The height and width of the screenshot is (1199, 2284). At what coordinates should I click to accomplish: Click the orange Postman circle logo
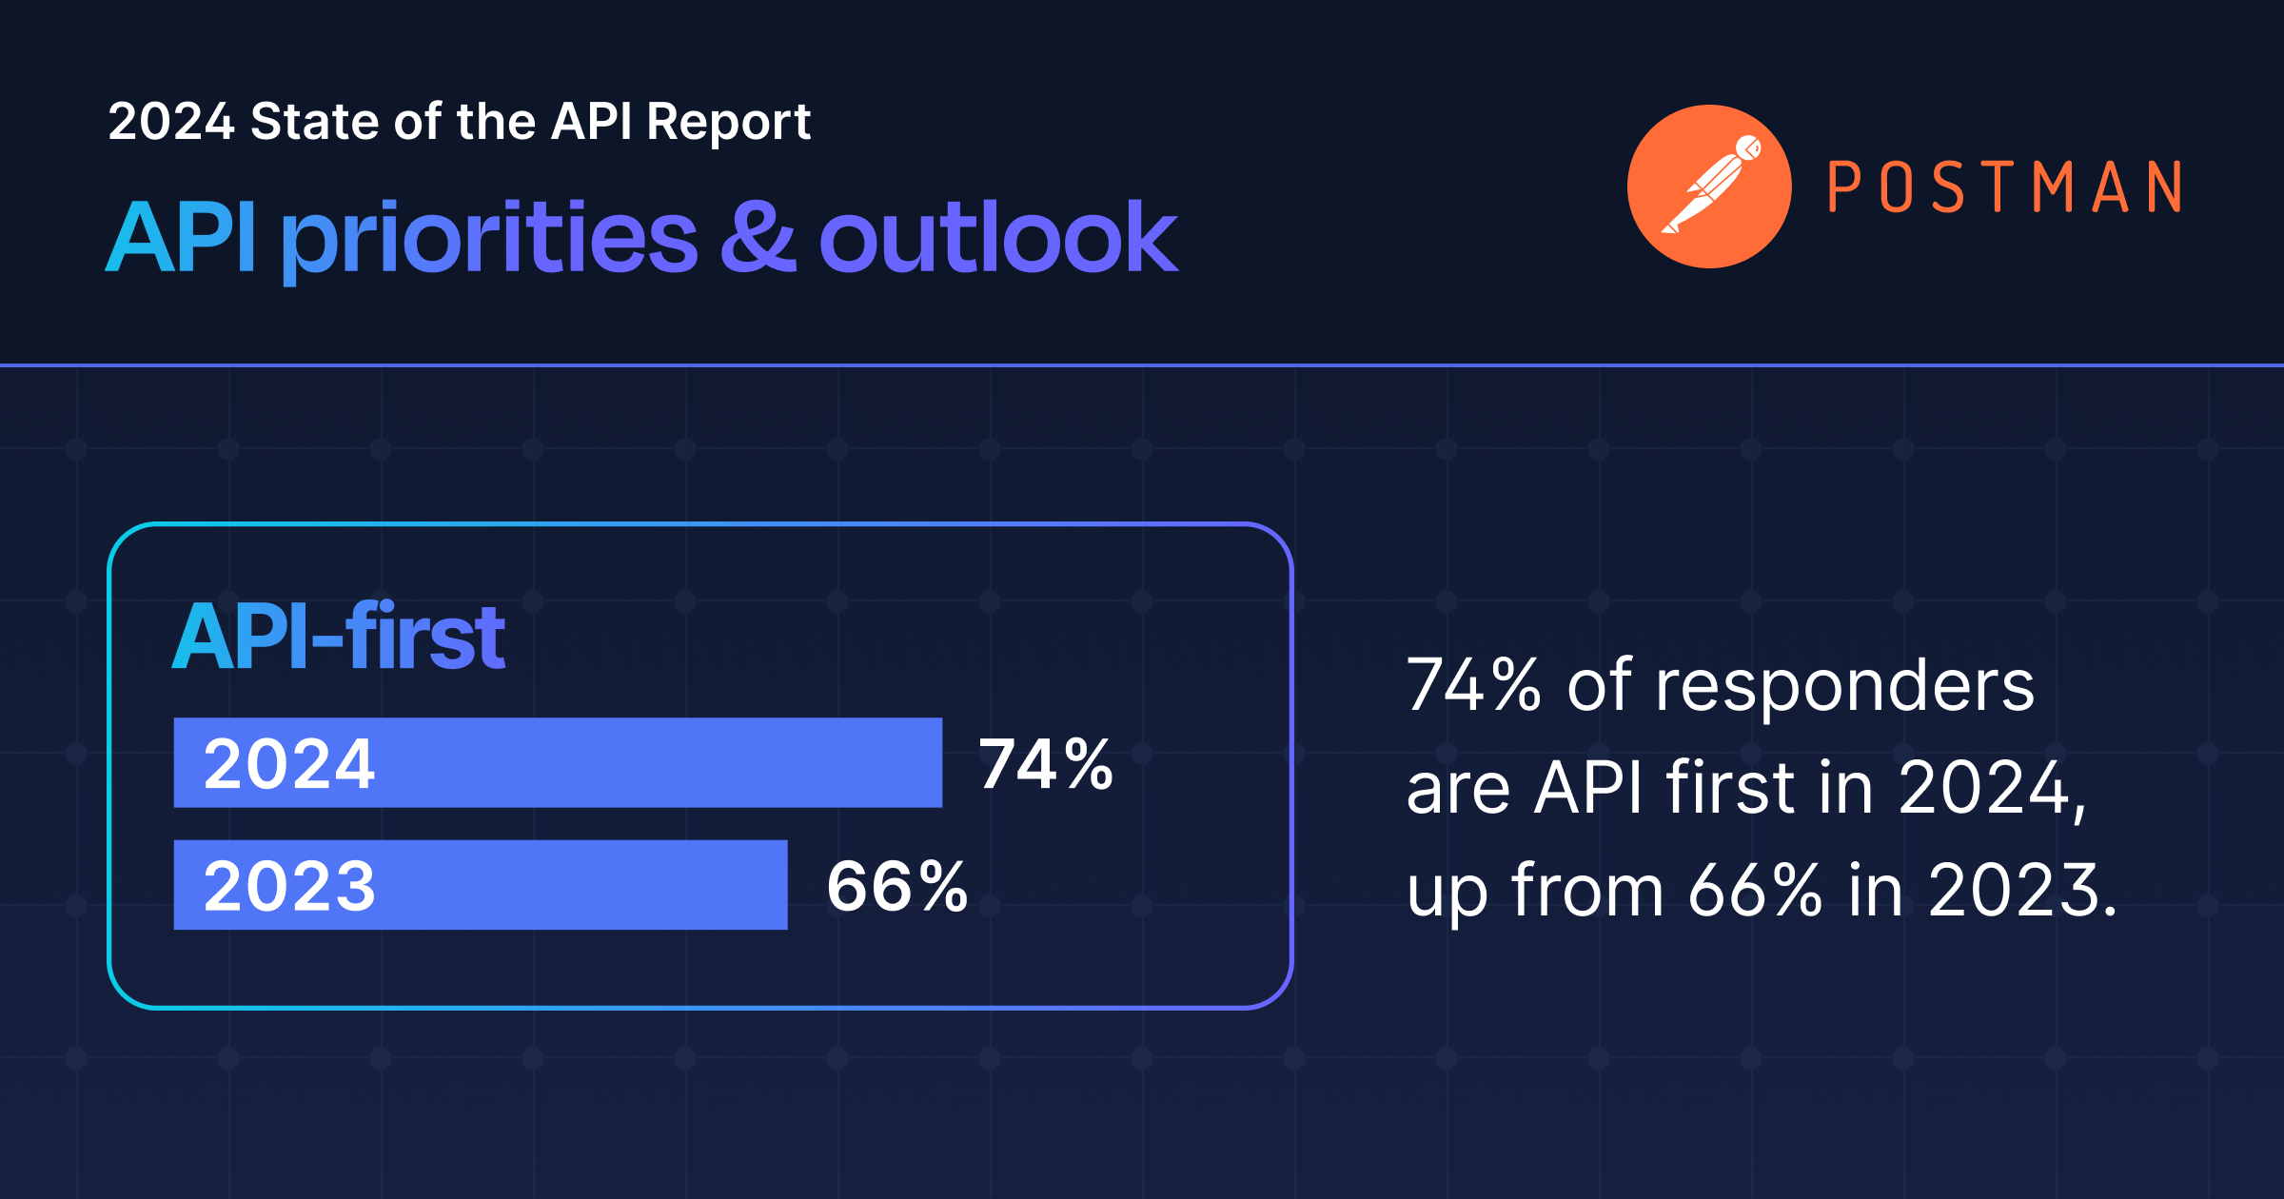pos(1709,187)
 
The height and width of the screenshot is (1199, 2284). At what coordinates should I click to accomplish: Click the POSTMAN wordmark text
pos(2004,187)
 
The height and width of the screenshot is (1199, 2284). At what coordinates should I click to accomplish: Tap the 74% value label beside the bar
pos(1046,764)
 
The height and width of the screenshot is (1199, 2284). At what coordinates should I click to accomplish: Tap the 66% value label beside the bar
pos(896,886)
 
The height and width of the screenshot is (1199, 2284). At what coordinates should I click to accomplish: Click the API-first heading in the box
pos(339,637)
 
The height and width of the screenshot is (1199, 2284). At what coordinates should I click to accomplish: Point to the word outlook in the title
pos(997,238)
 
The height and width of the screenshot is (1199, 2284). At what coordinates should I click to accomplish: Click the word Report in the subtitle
pos(728,122)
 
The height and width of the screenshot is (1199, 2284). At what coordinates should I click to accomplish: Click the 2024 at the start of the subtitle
pos(171,122)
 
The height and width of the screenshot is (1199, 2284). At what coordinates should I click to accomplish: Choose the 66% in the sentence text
pos(1755,891)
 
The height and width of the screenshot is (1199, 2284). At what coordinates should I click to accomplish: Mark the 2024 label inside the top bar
pos(289,764)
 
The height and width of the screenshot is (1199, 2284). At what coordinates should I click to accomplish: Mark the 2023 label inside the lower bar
pos(289,886)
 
